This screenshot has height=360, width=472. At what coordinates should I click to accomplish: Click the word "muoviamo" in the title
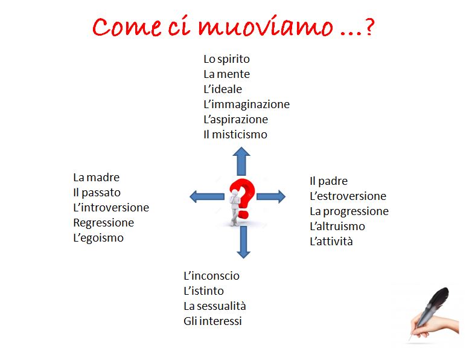[266, 27]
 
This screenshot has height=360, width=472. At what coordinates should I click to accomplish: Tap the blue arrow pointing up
[241, 161]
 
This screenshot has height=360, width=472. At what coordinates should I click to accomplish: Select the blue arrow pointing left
[207, 197]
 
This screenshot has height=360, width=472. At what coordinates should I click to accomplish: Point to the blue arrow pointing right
[271, 197]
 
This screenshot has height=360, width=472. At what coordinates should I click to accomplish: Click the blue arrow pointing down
[243, 242]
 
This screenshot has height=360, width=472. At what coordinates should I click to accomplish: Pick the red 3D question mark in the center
[243, 199]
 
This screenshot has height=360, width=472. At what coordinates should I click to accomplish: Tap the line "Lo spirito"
[227, 59]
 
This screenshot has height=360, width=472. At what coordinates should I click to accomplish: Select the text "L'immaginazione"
[246, 104]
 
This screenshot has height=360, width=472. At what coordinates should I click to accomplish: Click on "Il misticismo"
[235, 134]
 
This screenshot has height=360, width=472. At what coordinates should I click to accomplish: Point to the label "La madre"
[97, 178]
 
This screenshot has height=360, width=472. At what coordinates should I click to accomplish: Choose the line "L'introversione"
[111, 208]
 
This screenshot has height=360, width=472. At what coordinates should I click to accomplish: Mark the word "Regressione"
[104, 223]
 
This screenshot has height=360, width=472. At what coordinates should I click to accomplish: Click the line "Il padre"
[329, 181]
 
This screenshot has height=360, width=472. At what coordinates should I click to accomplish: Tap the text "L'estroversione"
[348, 196]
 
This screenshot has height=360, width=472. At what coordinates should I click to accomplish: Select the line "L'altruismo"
[337, 227]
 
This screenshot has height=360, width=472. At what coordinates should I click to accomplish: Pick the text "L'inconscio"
[212, 275]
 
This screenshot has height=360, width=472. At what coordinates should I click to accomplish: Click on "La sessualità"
[215, 306]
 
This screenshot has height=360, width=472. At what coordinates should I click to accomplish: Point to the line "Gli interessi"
[213, 321]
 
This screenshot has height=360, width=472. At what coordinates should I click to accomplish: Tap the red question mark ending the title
[369, 27]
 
